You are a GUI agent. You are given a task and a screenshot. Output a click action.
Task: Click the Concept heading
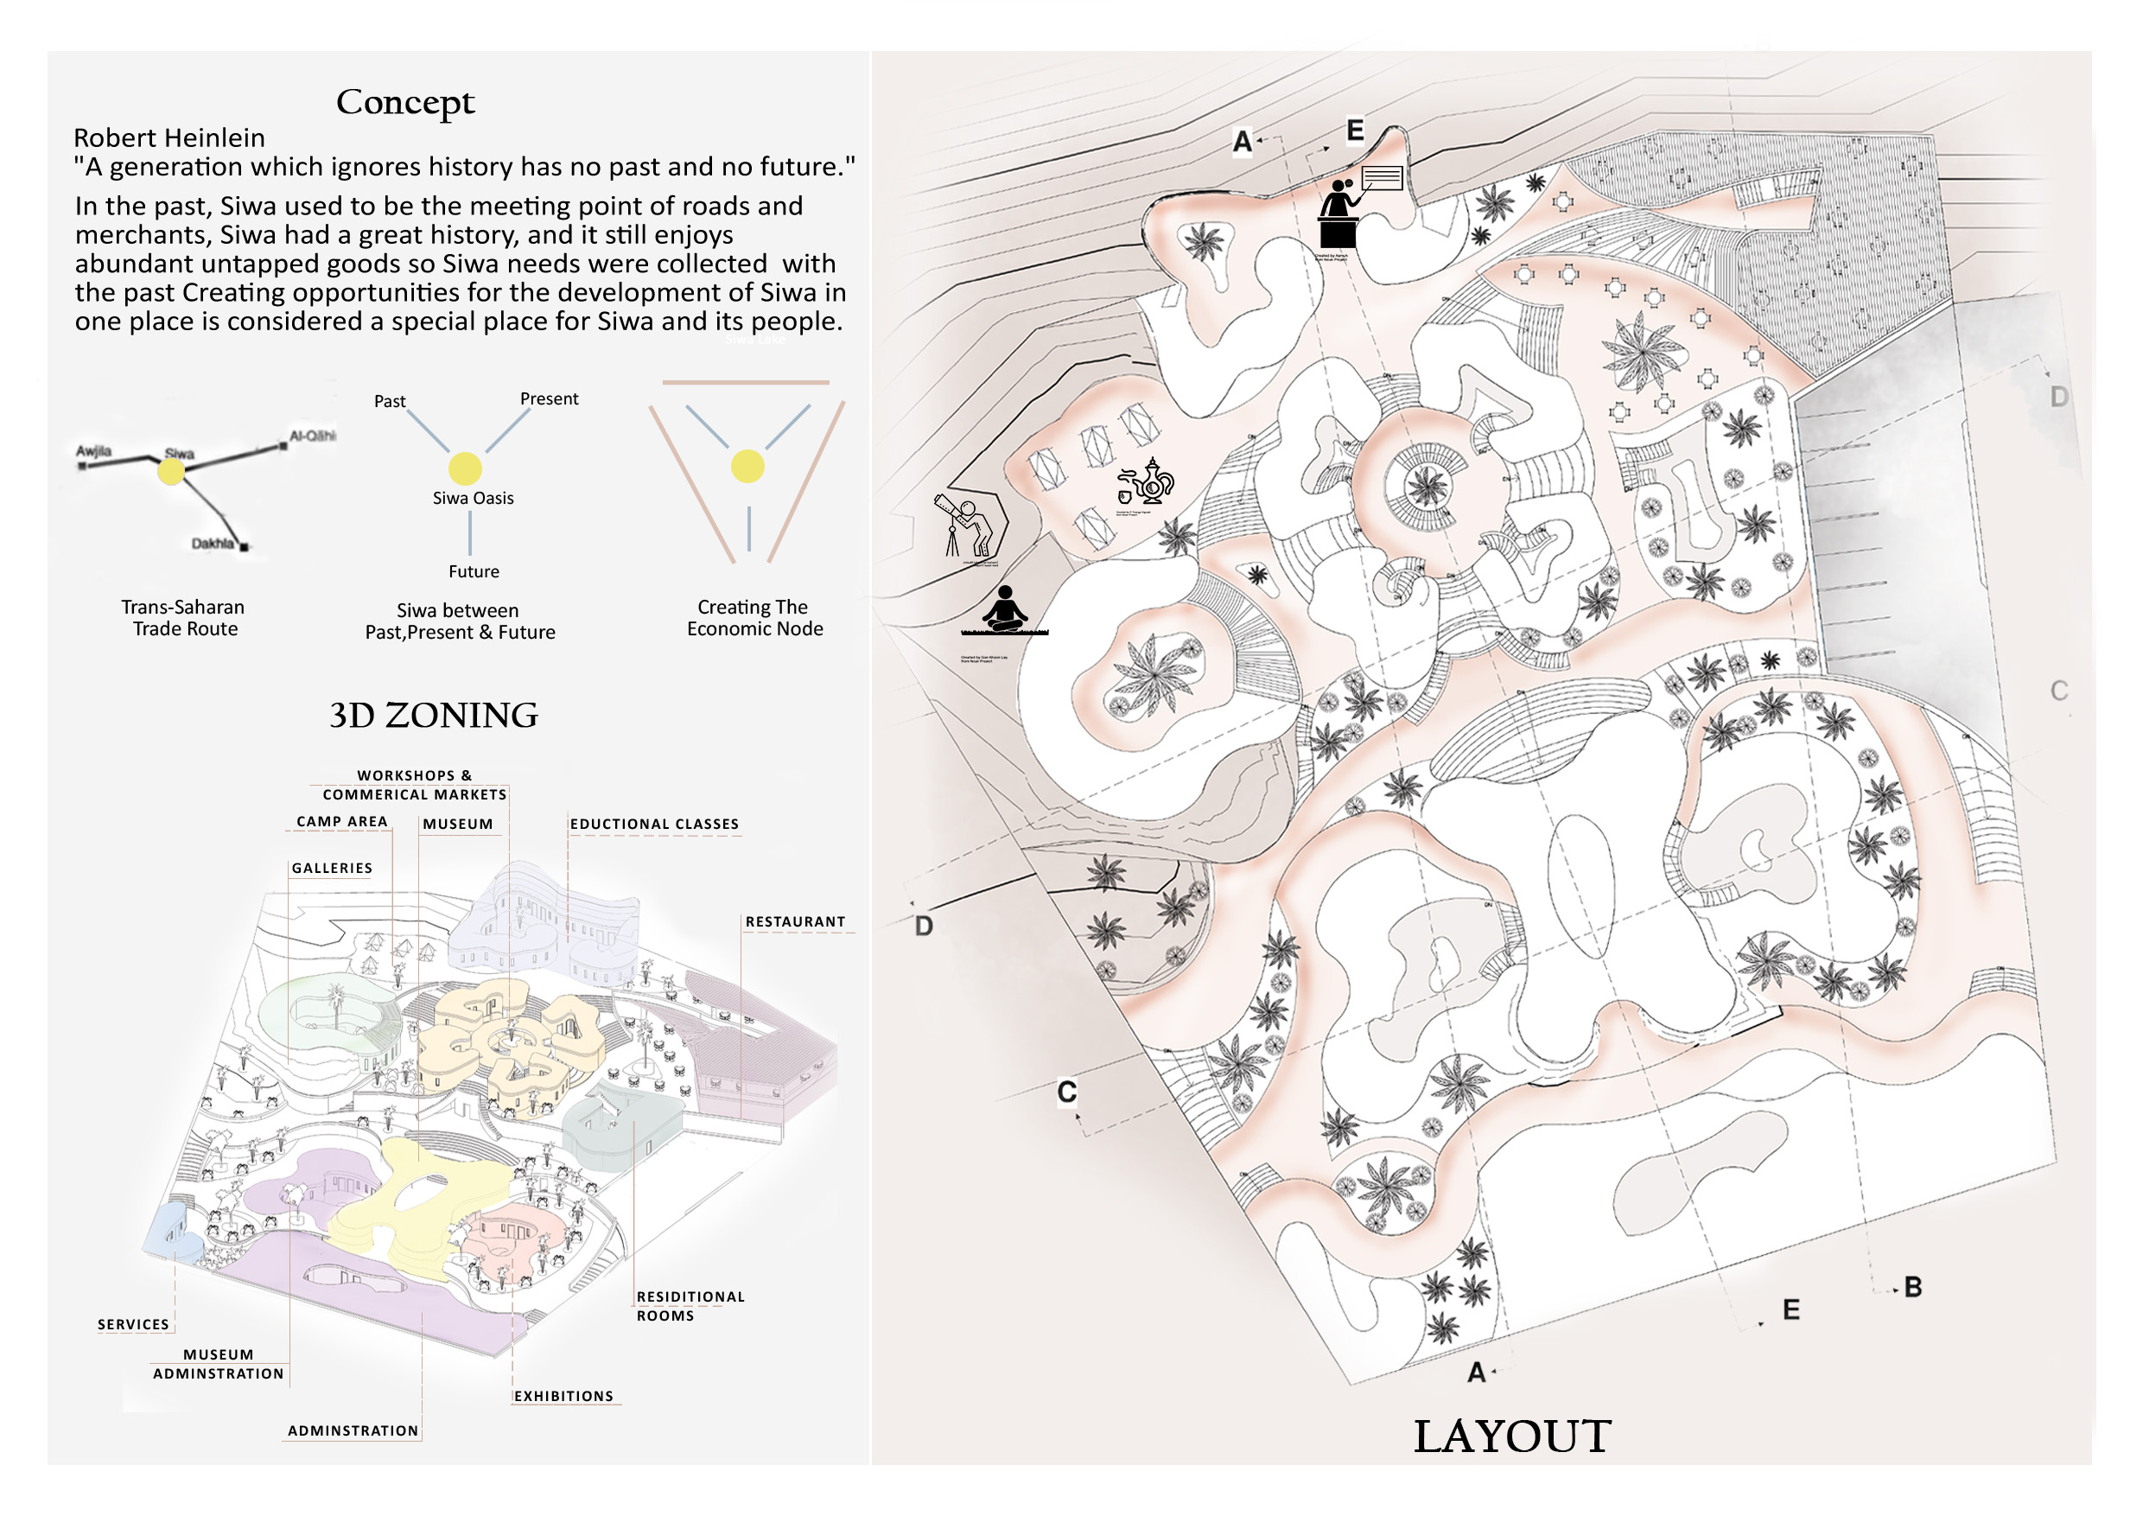click(x=405, y=102)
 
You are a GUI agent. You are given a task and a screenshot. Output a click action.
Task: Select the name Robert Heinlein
click(x=169, y=138)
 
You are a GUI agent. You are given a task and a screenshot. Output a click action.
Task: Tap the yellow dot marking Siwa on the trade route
click(x=171, y=471)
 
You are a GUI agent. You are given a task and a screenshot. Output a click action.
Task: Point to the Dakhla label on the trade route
click(x=213, y=544)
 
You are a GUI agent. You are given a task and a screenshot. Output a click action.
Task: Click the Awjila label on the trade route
click(x=93, y=452)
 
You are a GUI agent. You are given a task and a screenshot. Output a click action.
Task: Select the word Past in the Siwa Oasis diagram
click(x=389, y=401)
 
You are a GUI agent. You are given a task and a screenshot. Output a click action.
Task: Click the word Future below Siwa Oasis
click(x=474, y=571)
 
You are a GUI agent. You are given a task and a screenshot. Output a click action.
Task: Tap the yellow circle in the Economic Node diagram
click(x=747, y=466)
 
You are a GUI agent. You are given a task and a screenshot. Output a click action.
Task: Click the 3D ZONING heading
click(x=433, y=715)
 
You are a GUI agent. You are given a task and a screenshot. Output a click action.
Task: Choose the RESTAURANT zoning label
click(x=795, y=921)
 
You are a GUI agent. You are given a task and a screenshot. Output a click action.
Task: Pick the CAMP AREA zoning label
click(x=341, y=821)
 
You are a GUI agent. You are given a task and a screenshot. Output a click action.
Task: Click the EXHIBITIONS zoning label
click(x=563, y=1396)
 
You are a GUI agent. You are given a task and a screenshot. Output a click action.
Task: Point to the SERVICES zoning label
click(x=133, y=1324)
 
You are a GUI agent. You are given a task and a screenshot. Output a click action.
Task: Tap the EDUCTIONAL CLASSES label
click(x=654, y=825)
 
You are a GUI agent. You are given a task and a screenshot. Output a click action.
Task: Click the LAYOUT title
click(x=1511, y=1436)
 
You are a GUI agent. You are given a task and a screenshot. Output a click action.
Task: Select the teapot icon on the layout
click(x=1146, y=482)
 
